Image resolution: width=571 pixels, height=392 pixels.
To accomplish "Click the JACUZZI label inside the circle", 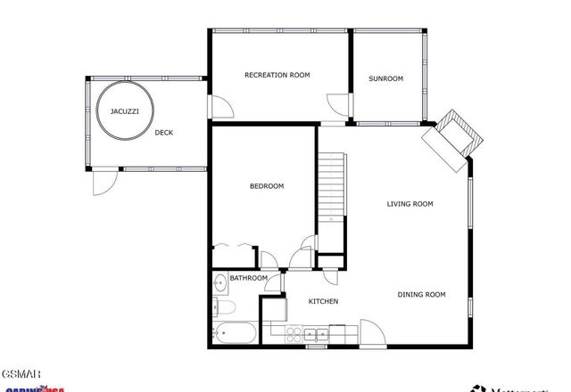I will point(123,112).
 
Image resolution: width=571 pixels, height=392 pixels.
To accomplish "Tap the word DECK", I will point(163,133).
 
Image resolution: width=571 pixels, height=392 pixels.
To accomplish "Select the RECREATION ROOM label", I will point(277,76).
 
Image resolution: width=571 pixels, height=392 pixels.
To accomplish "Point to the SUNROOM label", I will point(385,78).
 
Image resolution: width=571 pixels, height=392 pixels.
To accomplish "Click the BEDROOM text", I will point(266,186).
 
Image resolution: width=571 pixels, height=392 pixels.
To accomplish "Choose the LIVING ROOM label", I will point(410,204).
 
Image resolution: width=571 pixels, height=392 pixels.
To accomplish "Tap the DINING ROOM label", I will point(421,295).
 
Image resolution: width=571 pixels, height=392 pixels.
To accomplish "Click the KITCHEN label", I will point(323,302).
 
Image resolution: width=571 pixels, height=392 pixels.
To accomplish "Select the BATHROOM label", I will point(249,279).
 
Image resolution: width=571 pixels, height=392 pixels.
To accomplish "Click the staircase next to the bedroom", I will point(331,187).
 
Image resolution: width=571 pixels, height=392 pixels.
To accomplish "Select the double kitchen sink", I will point(314,335).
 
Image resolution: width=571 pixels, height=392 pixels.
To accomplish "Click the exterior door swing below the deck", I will point(105,181).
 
